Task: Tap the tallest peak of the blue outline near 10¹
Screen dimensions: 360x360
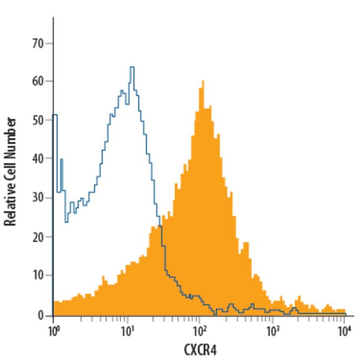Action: pyautogui.click(x=132, y=68)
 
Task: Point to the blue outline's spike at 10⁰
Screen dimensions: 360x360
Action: pyautogui.click(x=54, y=115)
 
